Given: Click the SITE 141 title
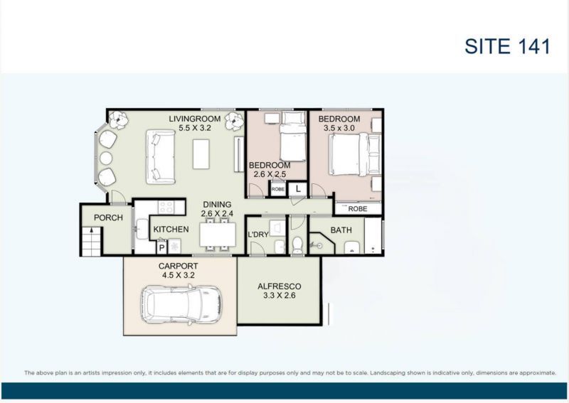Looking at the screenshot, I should (507, 46).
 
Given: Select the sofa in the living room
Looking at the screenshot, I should (161, 156).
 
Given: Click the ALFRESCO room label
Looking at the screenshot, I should (279, 286).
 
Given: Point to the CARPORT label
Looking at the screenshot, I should (177, 266).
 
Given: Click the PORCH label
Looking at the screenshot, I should (108, 217).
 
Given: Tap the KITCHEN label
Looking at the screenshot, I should (171, 229).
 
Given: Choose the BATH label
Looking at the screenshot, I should (341, 230).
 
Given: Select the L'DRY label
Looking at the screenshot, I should (257, 234).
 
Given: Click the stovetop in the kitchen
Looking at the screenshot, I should (166, 208).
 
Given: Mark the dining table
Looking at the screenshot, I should (217, 234).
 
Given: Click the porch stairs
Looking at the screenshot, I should (90, 242).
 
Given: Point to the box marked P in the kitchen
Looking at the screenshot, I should (161, 247).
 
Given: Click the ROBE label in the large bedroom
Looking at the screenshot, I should (357, 209).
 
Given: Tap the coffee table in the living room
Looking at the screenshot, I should (201, 154).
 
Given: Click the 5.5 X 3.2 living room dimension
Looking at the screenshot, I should (196, 129).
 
